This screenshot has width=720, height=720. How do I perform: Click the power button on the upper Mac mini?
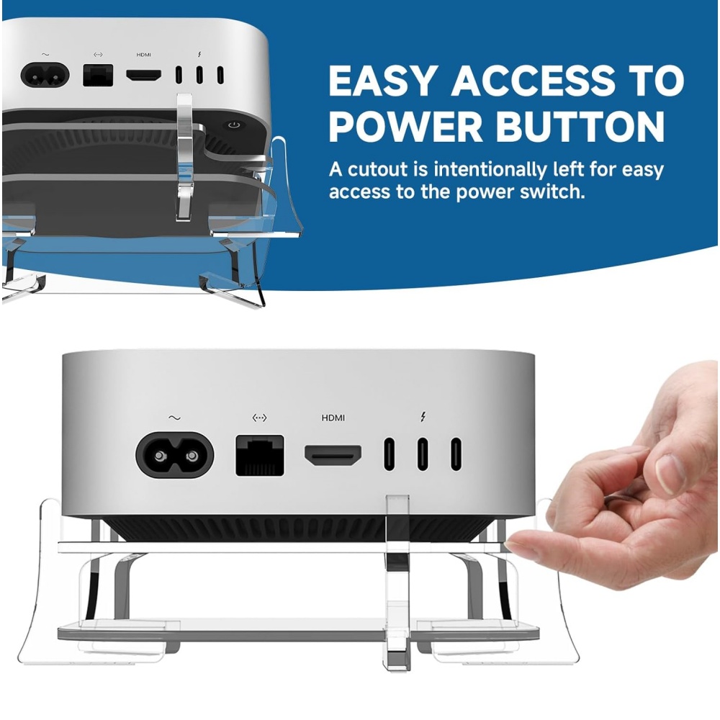tap(234, 125)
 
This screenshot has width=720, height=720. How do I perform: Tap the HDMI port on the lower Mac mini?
tap(333, 456)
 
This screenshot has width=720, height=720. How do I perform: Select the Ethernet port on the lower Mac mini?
tap(259, 456)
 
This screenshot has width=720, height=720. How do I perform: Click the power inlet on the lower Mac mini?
tap(174, 455)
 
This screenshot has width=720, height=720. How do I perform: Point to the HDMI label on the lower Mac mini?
tap(333, 418)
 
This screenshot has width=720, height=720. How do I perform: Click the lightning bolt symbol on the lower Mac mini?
tap(423, 417)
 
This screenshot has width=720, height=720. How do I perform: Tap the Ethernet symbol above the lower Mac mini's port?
tap(259, 418)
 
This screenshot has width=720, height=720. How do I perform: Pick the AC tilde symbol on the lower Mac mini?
tap(174, 418)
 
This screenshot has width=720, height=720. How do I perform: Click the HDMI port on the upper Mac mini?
tap(144, 75)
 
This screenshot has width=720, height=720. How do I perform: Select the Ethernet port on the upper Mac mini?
tap(98, 76)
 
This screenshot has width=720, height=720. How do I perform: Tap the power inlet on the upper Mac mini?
tap(45, 75)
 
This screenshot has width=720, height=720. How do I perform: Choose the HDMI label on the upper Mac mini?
tap(144, 55)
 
